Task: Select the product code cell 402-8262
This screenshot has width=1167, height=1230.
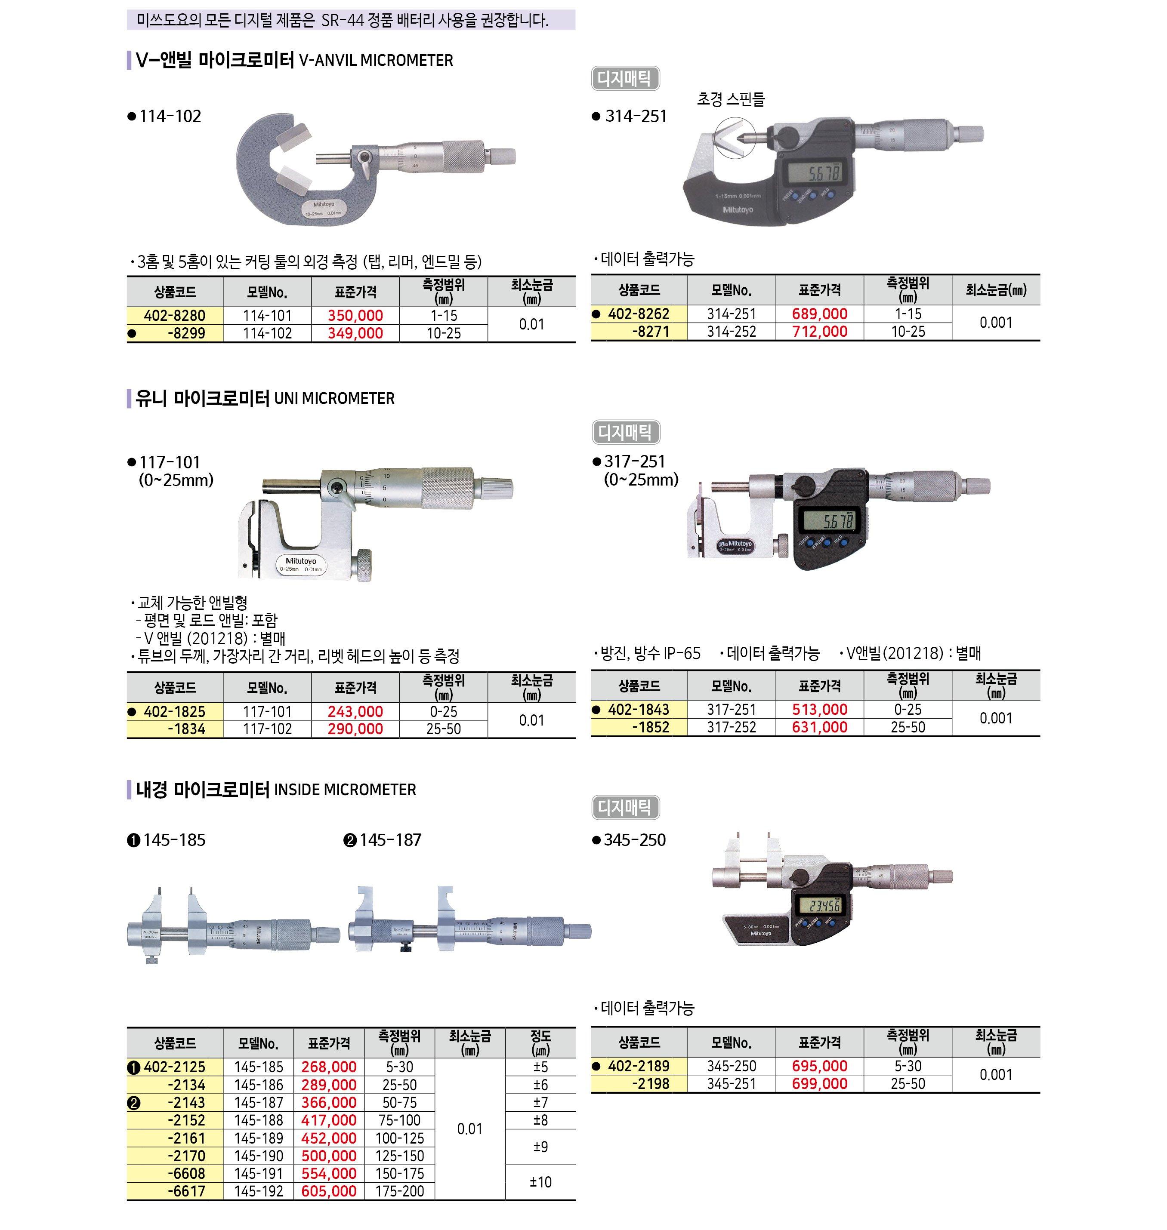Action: point(639,314)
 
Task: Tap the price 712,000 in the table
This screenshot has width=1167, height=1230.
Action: point(819,332)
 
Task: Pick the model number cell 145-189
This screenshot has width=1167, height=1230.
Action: point(258,1138)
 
